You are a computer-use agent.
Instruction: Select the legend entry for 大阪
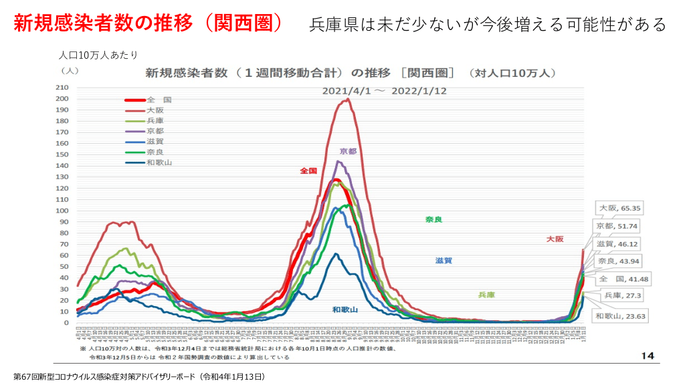(x=155, y=110)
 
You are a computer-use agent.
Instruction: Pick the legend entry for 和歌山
(x=159, y=162)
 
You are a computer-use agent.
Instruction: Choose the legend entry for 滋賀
(x=155, y=141)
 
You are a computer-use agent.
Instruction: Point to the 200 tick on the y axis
(x=62, y=99)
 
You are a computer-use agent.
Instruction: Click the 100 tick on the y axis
(x=62, y=211)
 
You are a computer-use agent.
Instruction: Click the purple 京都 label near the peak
(x=348, y=151)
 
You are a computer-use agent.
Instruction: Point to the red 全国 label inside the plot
(x=308, y=170)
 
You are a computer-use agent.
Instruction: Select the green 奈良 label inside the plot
(x=433, y=219)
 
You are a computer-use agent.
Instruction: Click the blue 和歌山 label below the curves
(x=345, y=309)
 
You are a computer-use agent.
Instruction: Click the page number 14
(x=647, y=355)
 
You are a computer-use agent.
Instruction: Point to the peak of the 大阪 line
(x=348, y=100)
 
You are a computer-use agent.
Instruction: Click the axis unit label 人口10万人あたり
(x=98, y=55)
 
